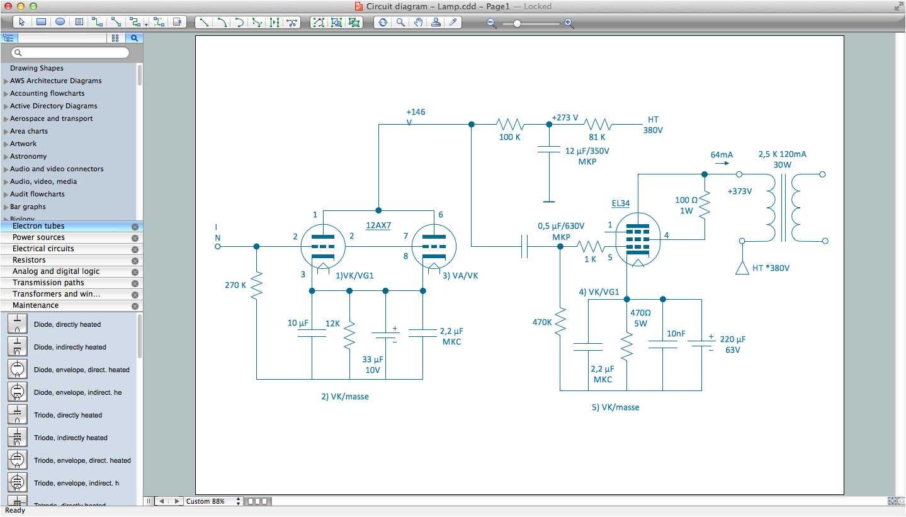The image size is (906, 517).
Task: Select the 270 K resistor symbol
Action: pos(256,285)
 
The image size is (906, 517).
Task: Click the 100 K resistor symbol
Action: pos(509,124)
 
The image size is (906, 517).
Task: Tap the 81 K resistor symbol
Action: pos(597,124)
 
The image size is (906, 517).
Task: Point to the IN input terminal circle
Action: pos(218,246)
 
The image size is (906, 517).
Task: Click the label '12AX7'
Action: pos(378,225)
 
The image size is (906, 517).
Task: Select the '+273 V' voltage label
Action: pos(565,118)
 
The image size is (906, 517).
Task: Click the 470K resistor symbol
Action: pos(560,322)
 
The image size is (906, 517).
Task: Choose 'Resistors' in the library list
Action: pos(29,260)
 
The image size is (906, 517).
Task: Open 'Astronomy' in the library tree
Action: pos(28,156)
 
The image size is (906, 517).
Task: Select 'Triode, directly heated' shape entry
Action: pos(67,415)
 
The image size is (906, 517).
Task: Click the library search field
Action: pos(71,53)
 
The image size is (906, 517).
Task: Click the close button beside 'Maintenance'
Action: pos(135,306)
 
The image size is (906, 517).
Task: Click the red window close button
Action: pos(8,6)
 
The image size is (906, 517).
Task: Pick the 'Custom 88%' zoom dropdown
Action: pos(213,501)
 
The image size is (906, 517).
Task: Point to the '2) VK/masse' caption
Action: pos(344,397)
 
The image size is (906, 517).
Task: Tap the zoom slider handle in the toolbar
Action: pos(517,23)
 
